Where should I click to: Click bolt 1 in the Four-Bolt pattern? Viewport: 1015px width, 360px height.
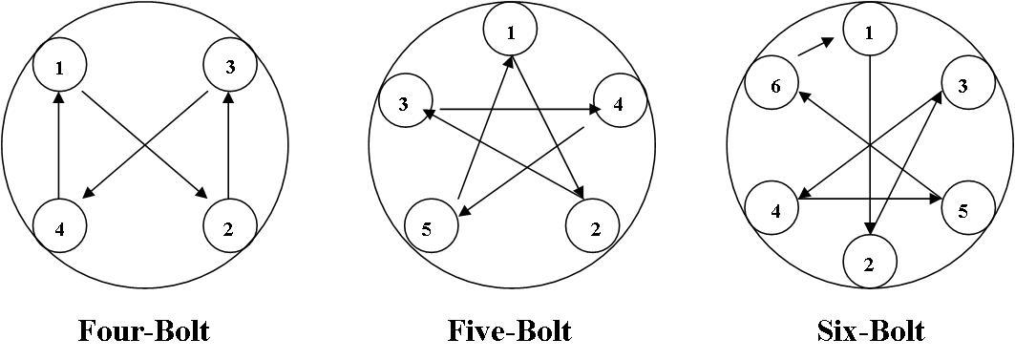pos(59,66)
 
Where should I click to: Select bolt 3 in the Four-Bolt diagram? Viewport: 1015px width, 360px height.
pos(230,66)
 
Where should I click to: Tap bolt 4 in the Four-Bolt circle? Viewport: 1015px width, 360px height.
pos(59,227)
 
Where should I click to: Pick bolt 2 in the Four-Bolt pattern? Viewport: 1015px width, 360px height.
pos(230,227)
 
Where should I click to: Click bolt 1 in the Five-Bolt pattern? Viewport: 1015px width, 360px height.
pos(511,32)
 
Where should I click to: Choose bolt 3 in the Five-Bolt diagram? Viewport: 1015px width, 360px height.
pos(405,104)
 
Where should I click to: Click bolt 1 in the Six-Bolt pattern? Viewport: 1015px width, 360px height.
pos(869,32)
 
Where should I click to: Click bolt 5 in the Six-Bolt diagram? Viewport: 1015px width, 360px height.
pos(963,210)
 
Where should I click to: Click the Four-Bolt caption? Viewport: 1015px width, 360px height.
pos(143,330)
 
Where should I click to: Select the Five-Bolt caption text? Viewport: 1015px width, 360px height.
pos(510,330)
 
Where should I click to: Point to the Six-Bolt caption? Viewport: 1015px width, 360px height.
pos(871,330)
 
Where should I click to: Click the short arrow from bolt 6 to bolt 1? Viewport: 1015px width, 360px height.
pos(814,48)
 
